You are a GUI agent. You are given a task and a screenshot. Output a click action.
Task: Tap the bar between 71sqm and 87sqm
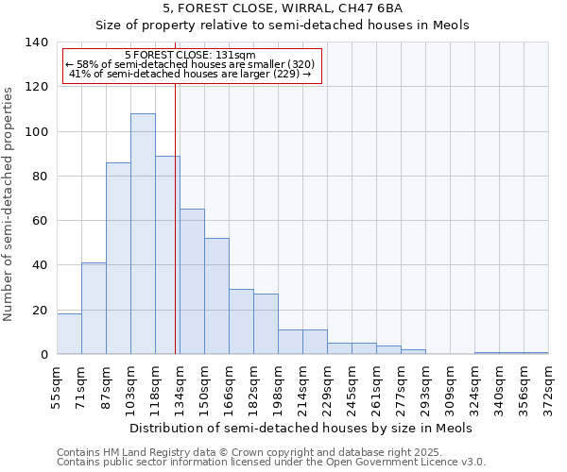click(94, 309)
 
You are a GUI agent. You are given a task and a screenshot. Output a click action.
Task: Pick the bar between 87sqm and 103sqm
click(118, 259)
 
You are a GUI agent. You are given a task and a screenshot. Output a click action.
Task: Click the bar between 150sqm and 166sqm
click(216, 296)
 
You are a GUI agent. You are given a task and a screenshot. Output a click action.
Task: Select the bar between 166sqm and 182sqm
click(241, 322)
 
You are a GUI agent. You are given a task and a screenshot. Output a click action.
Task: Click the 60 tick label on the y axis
click(40, 221)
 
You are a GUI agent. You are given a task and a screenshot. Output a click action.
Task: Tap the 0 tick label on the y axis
click(43, 355)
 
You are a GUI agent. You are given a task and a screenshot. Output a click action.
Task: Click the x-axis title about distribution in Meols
click(301, 428)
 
